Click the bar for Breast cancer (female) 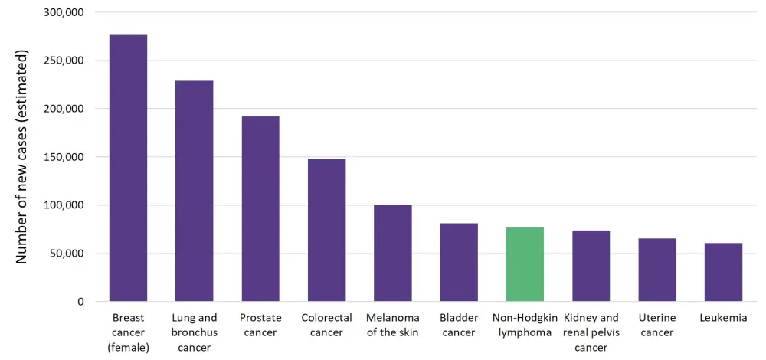tap(128, 168)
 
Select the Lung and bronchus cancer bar tap(195, 191)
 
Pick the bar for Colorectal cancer tap(326, 230)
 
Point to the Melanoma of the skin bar tap(393, 253)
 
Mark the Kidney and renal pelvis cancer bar tap(591, 265)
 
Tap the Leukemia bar tap(723, 272)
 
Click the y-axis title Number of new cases tap(22, 157)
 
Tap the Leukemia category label tap(723, 318)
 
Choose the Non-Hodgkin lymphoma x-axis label tap(525, 325)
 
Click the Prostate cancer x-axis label tap(260, 325)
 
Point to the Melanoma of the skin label tap(393, 325)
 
